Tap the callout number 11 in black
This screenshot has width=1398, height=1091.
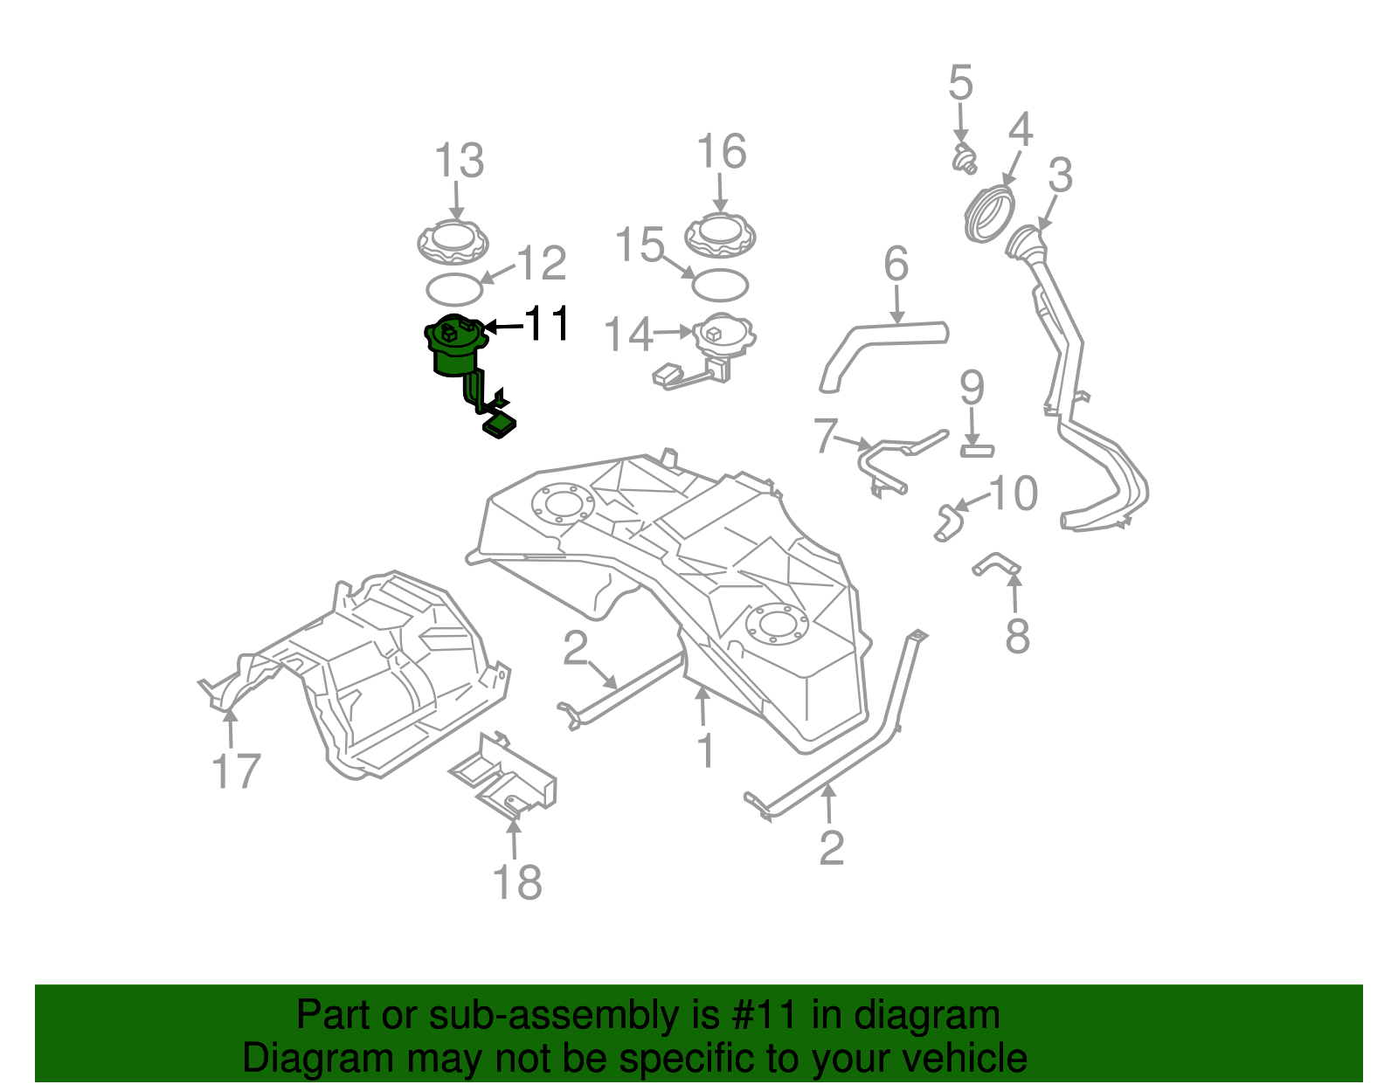(x=547, y=324)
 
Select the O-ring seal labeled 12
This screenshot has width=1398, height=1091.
(x=453, y=288)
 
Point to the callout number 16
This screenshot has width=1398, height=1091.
(x=722, y=152)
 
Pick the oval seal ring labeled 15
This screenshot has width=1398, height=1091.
(x=720, y=284)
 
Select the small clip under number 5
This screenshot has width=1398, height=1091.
(x=963, y=160)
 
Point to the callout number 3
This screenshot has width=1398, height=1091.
(x=1060, y=176)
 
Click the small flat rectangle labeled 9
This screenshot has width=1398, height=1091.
(x=977, y=451)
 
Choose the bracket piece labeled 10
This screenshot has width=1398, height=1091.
(x=947, y=521)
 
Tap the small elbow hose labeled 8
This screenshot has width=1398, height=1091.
(x=996, y=565)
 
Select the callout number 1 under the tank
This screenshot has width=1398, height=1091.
(x=705, y=751)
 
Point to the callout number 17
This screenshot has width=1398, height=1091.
(x=236, y=771)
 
